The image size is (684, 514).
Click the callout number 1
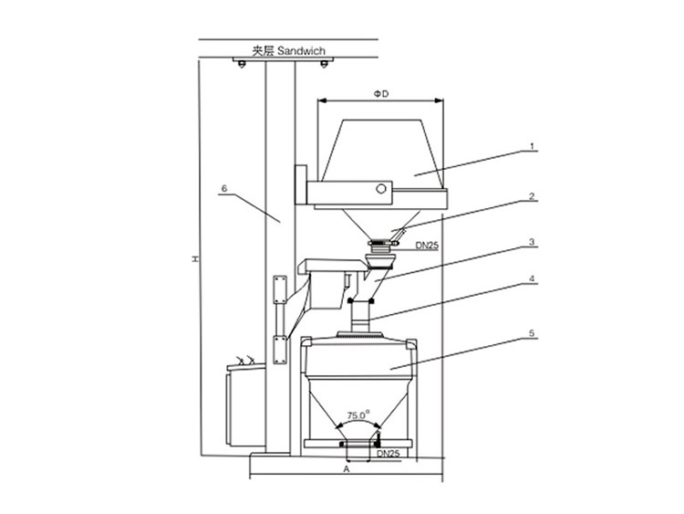click(533, 146)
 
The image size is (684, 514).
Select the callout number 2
click(533, 196)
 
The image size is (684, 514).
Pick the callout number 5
click(533, 333)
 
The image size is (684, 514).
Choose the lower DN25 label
click(388, 453)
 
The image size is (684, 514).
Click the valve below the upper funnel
click(384, 244)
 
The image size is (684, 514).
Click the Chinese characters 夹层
click(262, 51)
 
